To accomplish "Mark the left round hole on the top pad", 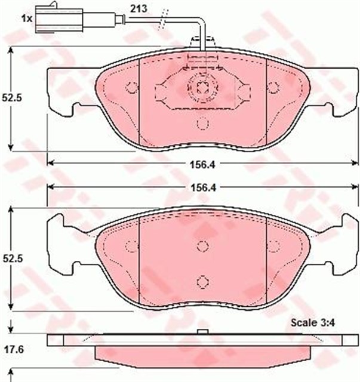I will click(131, 87).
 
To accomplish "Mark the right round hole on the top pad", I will click(273, 87).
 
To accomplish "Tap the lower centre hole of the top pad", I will click(202, 124).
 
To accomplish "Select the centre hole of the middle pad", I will click(202, 246).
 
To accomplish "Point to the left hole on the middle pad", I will click(131, 246).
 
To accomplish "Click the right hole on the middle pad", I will click(273, 246).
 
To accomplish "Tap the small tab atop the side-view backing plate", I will click(202, 331).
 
